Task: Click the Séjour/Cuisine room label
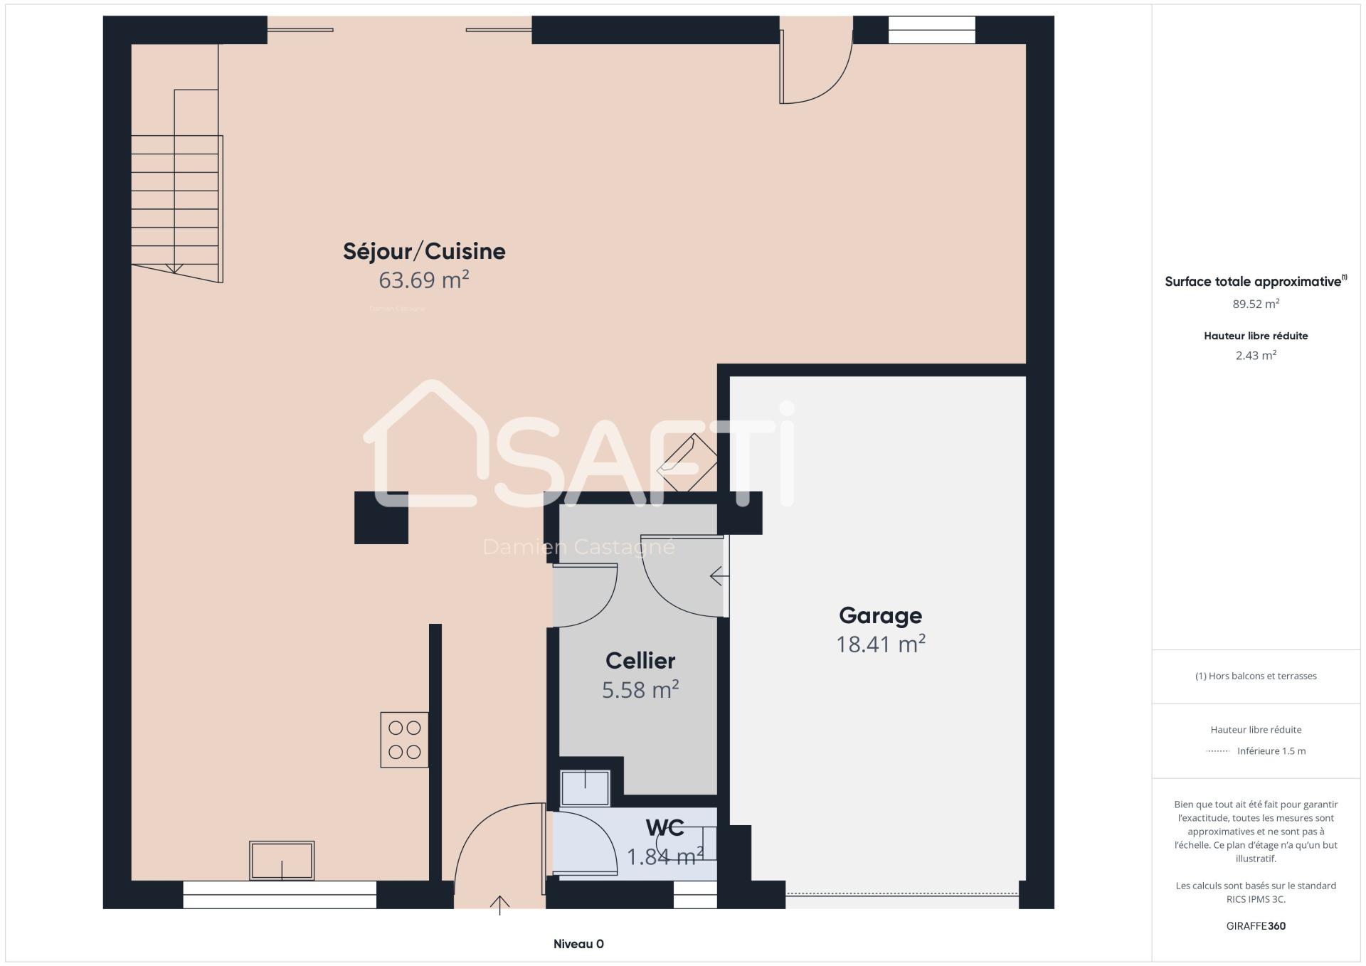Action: pos(424,251)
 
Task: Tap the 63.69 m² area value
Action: pos(424,280)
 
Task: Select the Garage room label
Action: pos(880,615)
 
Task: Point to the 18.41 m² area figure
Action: pos(880,644)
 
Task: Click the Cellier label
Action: pos(640,661)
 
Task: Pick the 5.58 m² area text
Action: pos(640,690)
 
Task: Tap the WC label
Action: pos(665,828)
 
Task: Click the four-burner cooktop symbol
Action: pos(404,740)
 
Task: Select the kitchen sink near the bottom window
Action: pos(282,861)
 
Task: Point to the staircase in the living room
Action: pos(177,186)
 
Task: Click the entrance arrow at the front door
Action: pos(499,905)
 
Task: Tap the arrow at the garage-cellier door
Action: pos(719,575)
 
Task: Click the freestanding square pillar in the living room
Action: pos(381,518)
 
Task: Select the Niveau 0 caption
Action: pos(578,945)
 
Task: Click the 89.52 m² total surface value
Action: pos(1256,304)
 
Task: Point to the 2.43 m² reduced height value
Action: pos(1256,355)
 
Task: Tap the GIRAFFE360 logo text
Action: pos(1256,926)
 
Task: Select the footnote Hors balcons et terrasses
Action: pos(1256,676)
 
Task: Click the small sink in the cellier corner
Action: pos(586,788)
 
